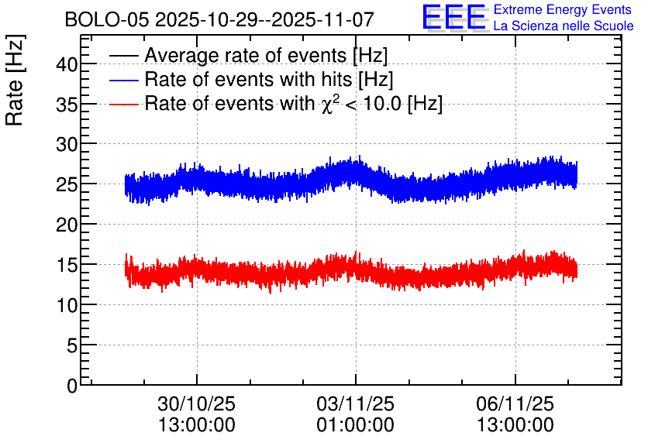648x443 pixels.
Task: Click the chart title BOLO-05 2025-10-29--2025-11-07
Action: point(219,19)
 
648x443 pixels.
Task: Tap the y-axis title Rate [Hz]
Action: point(15,80)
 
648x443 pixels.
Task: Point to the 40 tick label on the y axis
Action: point(67,64)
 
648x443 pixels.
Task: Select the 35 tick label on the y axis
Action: point(67,105)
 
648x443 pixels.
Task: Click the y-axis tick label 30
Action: point(67,145)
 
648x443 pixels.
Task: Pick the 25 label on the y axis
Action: point(67,184)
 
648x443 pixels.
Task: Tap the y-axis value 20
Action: point(67,225)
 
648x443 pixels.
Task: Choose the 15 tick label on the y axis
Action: point(67,265)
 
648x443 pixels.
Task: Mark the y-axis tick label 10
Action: point(67,305)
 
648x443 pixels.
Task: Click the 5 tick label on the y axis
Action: point(73,345)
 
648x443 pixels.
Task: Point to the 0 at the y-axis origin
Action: point(73,386)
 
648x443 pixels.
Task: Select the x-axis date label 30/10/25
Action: point(196,404)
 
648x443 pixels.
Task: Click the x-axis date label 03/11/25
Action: point(356,404)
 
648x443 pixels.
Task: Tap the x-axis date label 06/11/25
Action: point(515,404)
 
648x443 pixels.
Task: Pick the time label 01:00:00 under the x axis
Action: point(356,425)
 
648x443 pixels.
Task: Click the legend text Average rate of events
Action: point(246,56)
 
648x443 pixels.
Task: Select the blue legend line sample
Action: point(124,80)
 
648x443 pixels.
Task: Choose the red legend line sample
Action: point(124,104)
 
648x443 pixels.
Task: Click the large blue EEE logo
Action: point(454,17)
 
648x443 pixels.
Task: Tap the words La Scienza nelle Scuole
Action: point(564,26)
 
